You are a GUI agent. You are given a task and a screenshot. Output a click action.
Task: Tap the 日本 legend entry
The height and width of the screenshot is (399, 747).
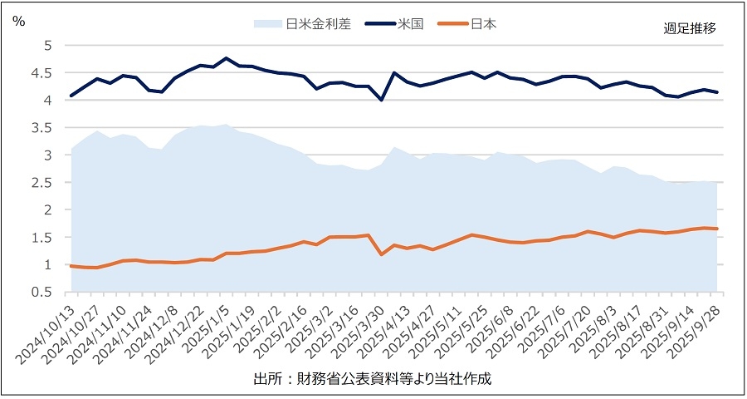[x=482, y=24]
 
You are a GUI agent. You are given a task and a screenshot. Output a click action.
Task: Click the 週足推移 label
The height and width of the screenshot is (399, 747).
[x=690, y=27]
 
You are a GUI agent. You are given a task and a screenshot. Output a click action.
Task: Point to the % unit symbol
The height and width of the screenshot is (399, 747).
[x=18, y=22]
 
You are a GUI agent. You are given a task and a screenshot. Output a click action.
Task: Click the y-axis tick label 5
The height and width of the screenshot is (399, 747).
[x=47, y=45]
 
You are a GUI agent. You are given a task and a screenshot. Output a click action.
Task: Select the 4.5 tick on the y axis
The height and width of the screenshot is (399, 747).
[x=42, y=72]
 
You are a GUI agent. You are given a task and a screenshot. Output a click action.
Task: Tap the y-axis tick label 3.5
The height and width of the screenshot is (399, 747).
[x=42, y=127]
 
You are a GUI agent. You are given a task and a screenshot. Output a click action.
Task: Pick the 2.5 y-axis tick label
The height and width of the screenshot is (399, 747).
[x=42, y=182]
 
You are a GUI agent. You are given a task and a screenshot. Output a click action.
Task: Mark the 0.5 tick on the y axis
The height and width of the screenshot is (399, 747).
[x=42, y=292]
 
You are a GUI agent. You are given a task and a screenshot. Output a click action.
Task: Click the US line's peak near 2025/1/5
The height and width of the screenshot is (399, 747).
[x=226, y=58]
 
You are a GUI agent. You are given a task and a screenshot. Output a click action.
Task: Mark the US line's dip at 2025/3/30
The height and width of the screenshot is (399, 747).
[x=381, y=100]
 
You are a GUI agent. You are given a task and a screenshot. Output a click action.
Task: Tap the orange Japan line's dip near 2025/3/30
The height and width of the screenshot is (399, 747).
[x=381, y=254]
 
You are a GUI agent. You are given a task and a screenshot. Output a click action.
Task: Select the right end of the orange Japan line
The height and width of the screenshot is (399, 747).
[x=717, y=229]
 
